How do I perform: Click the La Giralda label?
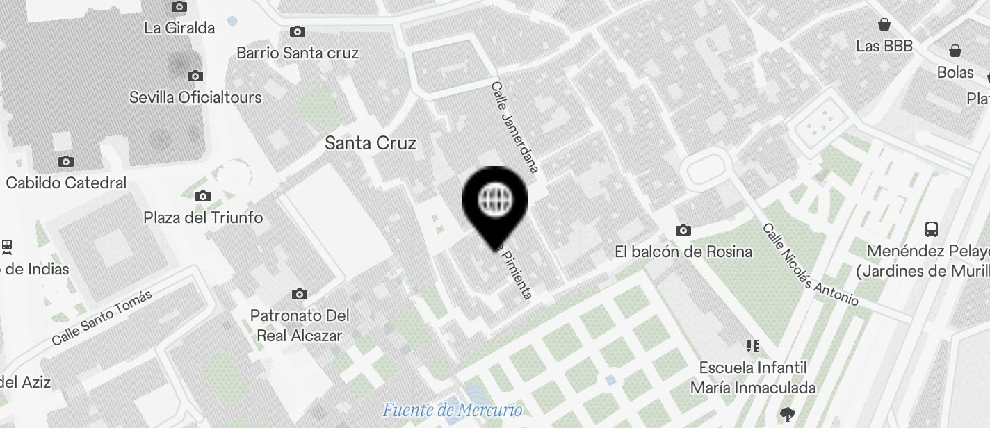[179, 28]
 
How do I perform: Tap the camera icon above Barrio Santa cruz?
[298, 32]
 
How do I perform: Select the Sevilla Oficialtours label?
[195, 97]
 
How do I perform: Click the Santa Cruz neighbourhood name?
[371, 143]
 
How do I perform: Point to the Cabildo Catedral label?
[66, 183]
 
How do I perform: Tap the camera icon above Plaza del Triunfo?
[203, 197]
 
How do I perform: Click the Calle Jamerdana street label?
[515, 127]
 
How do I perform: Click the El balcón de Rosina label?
[683, 252]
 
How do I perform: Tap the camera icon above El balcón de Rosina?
[683, 231]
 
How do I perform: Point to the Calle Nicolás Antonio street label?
[810, 265]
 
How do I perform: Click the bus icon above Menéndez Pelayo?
[931, 229]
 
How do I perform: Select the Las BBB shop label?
[884, 47]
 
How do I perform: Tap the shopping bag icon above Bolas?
[955, 51]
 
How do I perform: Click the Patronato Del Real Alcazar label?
[300, 326]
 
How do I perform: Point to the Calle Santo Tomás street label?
[102, 318]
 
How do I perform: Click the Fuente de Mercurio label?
[452, 410]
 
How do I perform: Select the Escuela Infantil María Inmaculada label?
[753, 377]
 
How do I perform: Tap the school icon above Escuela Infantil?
[752, 346]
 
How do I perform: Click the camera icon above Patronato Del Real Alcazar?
[300, 295]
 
